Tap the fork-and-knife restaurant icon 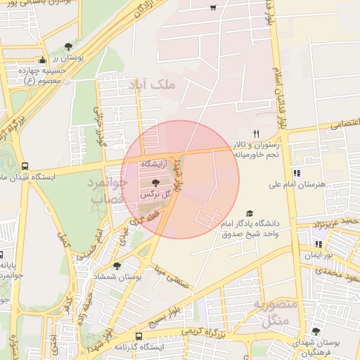(257, 134)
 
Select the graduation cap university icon (249, 214)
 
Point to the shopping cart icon (213, 8)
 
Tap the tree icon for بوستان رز (68, 46)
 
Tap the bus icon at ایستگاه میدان (25, 167)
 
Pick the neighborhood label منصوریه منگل (267, 314)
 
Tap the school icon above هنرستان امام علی (296, 173)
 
